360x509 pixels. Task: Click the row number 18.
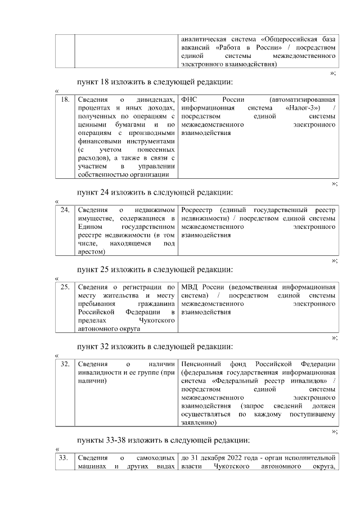[x=65, y=100]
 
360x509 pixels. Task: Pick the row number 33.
[x=65, y=458]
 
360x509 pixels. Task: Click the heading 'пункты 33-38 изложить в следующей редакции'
[x=163, y=440]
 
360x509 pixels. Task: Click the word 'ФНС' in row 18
[x=190, y=100]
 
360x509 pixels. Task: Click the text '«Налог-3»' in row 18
[x=303, y=108]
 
